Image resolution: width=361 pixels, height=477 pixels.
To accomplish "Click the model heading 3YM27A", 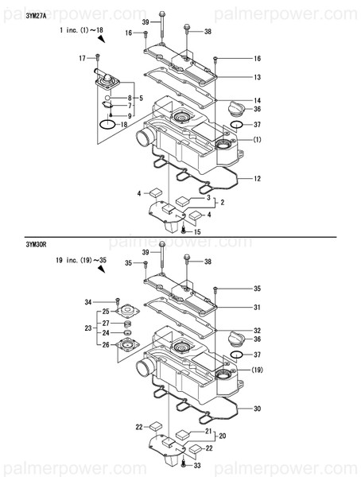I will [15, 14].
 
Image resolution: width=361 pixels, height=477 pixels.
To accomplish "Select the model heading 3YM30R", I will [15, 247].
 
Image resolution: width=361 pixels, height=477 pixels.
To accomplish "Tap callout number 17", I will [82, 59].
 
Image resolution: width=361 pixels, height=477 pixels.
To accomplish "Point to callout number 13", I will [258, 77].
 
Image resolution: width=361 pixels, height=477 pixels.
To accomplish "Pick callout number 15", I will [197, 231].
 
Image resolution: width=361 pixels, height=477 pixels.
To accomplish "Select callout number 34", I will [89, 302].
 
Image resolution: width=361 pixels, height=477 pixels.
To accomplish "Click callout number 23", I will [89, 328].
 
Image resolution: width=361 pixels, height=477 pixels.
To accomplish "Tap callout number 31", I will [258, 308].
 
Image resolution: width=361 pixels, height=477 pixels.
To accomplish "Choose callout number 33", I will [197, 465].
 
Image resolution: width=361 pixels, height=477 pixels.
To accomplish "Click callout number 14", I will [258, 100].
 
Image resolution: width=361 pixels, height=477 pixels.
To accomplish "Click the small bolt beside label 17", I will [97, 57].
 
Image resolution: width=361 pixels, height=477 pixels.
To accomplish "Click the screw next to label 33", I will [184, 463].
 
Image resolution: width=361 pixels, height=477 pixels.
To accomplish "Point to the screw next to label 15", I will [184, 230].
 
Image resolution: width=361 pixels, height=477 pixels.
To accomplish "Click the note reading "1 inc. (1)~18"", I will [82, 29].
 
